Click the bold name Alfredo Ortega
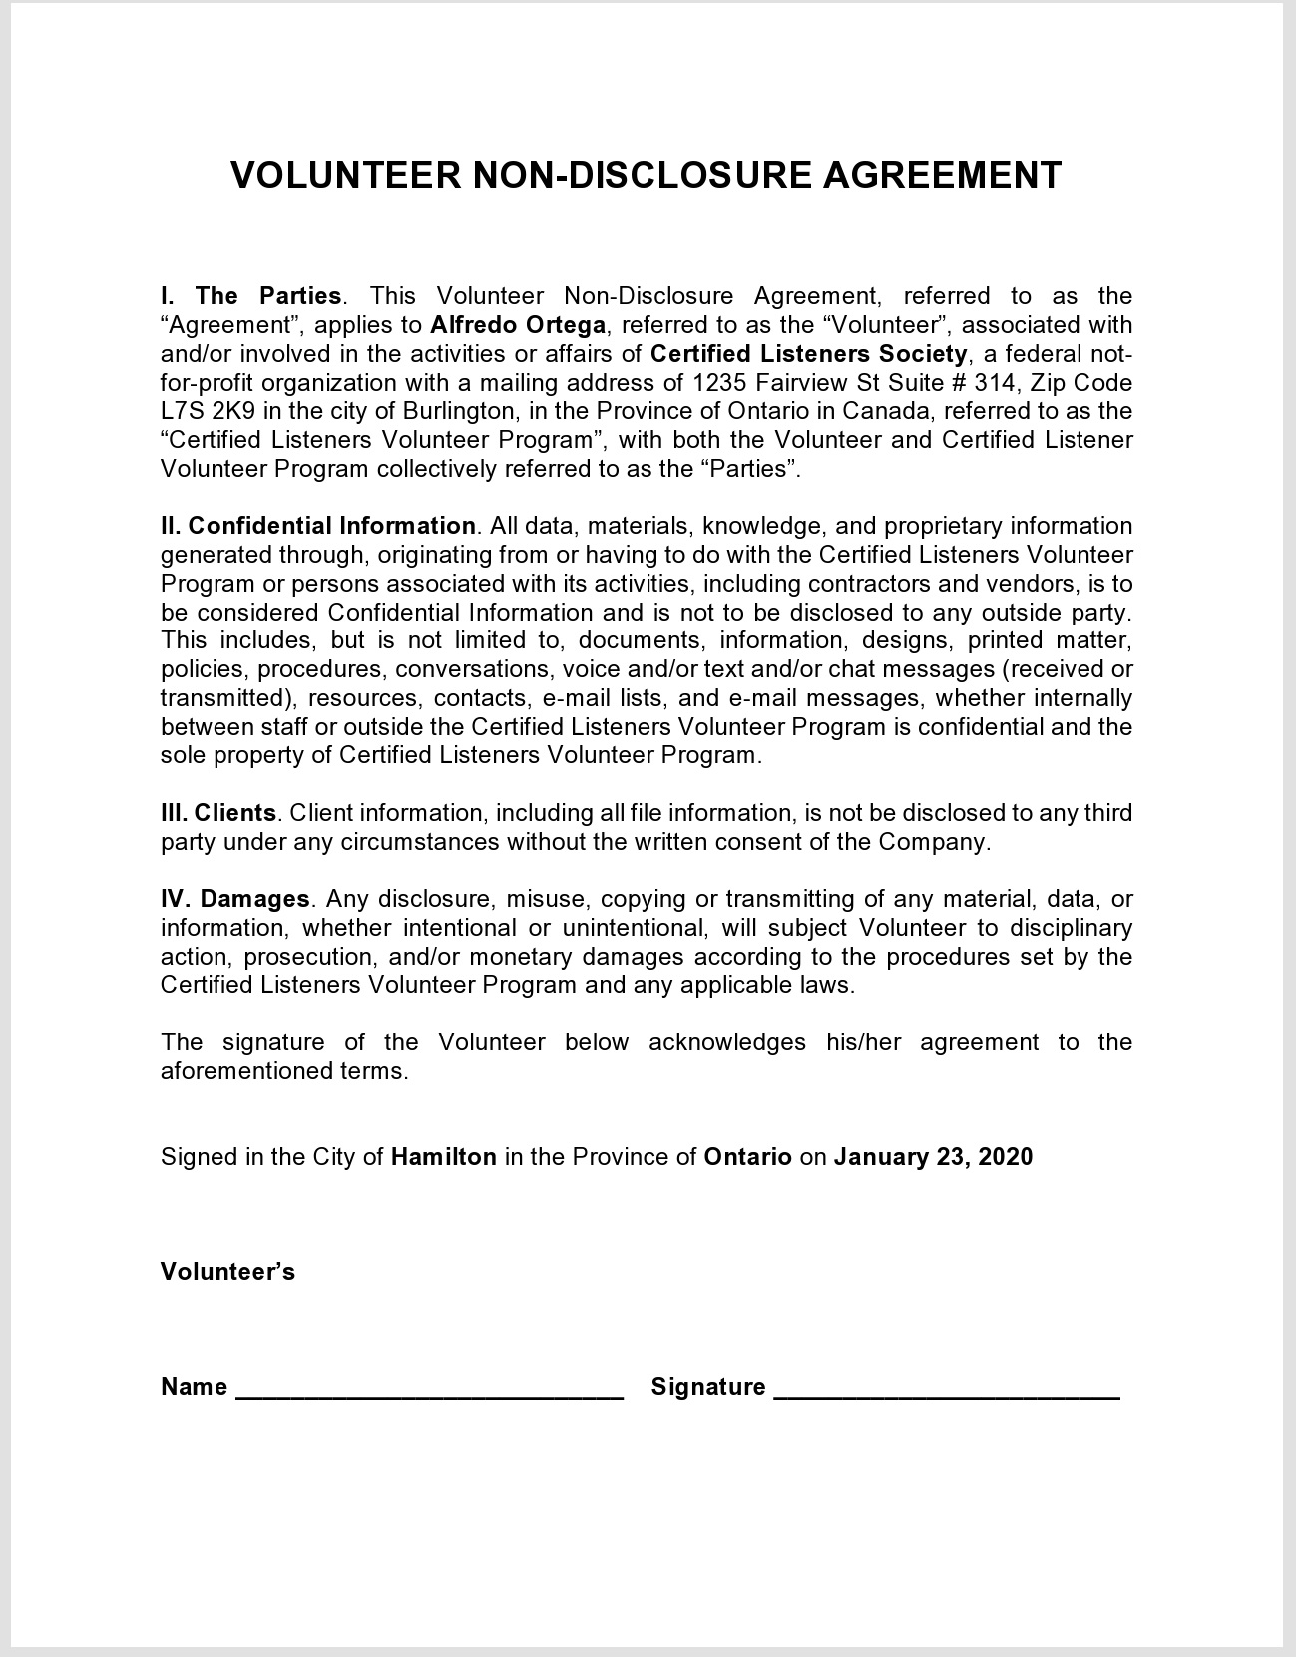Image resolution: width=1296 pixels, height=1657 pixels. pyautogui.click(x=518, y=325)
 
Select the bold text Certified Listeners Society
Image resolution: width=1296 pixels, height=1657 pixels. pyautogui.click(x=808, y=354)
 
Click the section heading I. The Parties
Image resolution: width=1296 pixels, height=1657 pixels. pyautogui.click(x=251, y=296)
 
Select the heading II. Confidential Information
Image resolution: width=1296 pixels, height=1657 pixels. pyautogui.click(x=318, y=526)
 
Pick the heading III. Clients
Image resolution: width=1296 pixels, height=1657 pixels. pyautogui.click(x=218, y=813)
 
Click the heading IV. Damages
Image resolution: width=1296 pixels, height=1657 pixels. pyautogui.click(x=235, y=899)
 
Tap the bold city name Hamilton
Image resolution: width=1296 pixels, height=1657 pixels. pyautogui.click(x=444, y=1157)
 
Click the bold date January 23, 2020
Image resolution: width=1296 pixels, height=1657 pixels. pyautogui.click(x=933, y=1157)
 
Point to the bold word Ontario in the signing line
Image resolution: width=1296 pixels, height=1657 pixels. pyautogui.click(x=747, y=1157)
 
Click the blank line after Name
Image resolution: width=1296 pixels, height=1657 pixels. pyautogui.click(x=429, y=1389)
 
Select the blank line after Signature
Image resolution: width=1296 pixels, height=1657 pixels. pyautogui.click(x=947, y=1389)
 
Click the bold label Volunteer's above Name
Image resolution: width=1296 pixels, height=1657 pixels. pyautogui.click(x=227, y=1272)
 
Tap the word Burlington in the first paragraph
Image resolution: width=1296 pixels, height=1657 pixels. pyautogui.click(x=458, y=411)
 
